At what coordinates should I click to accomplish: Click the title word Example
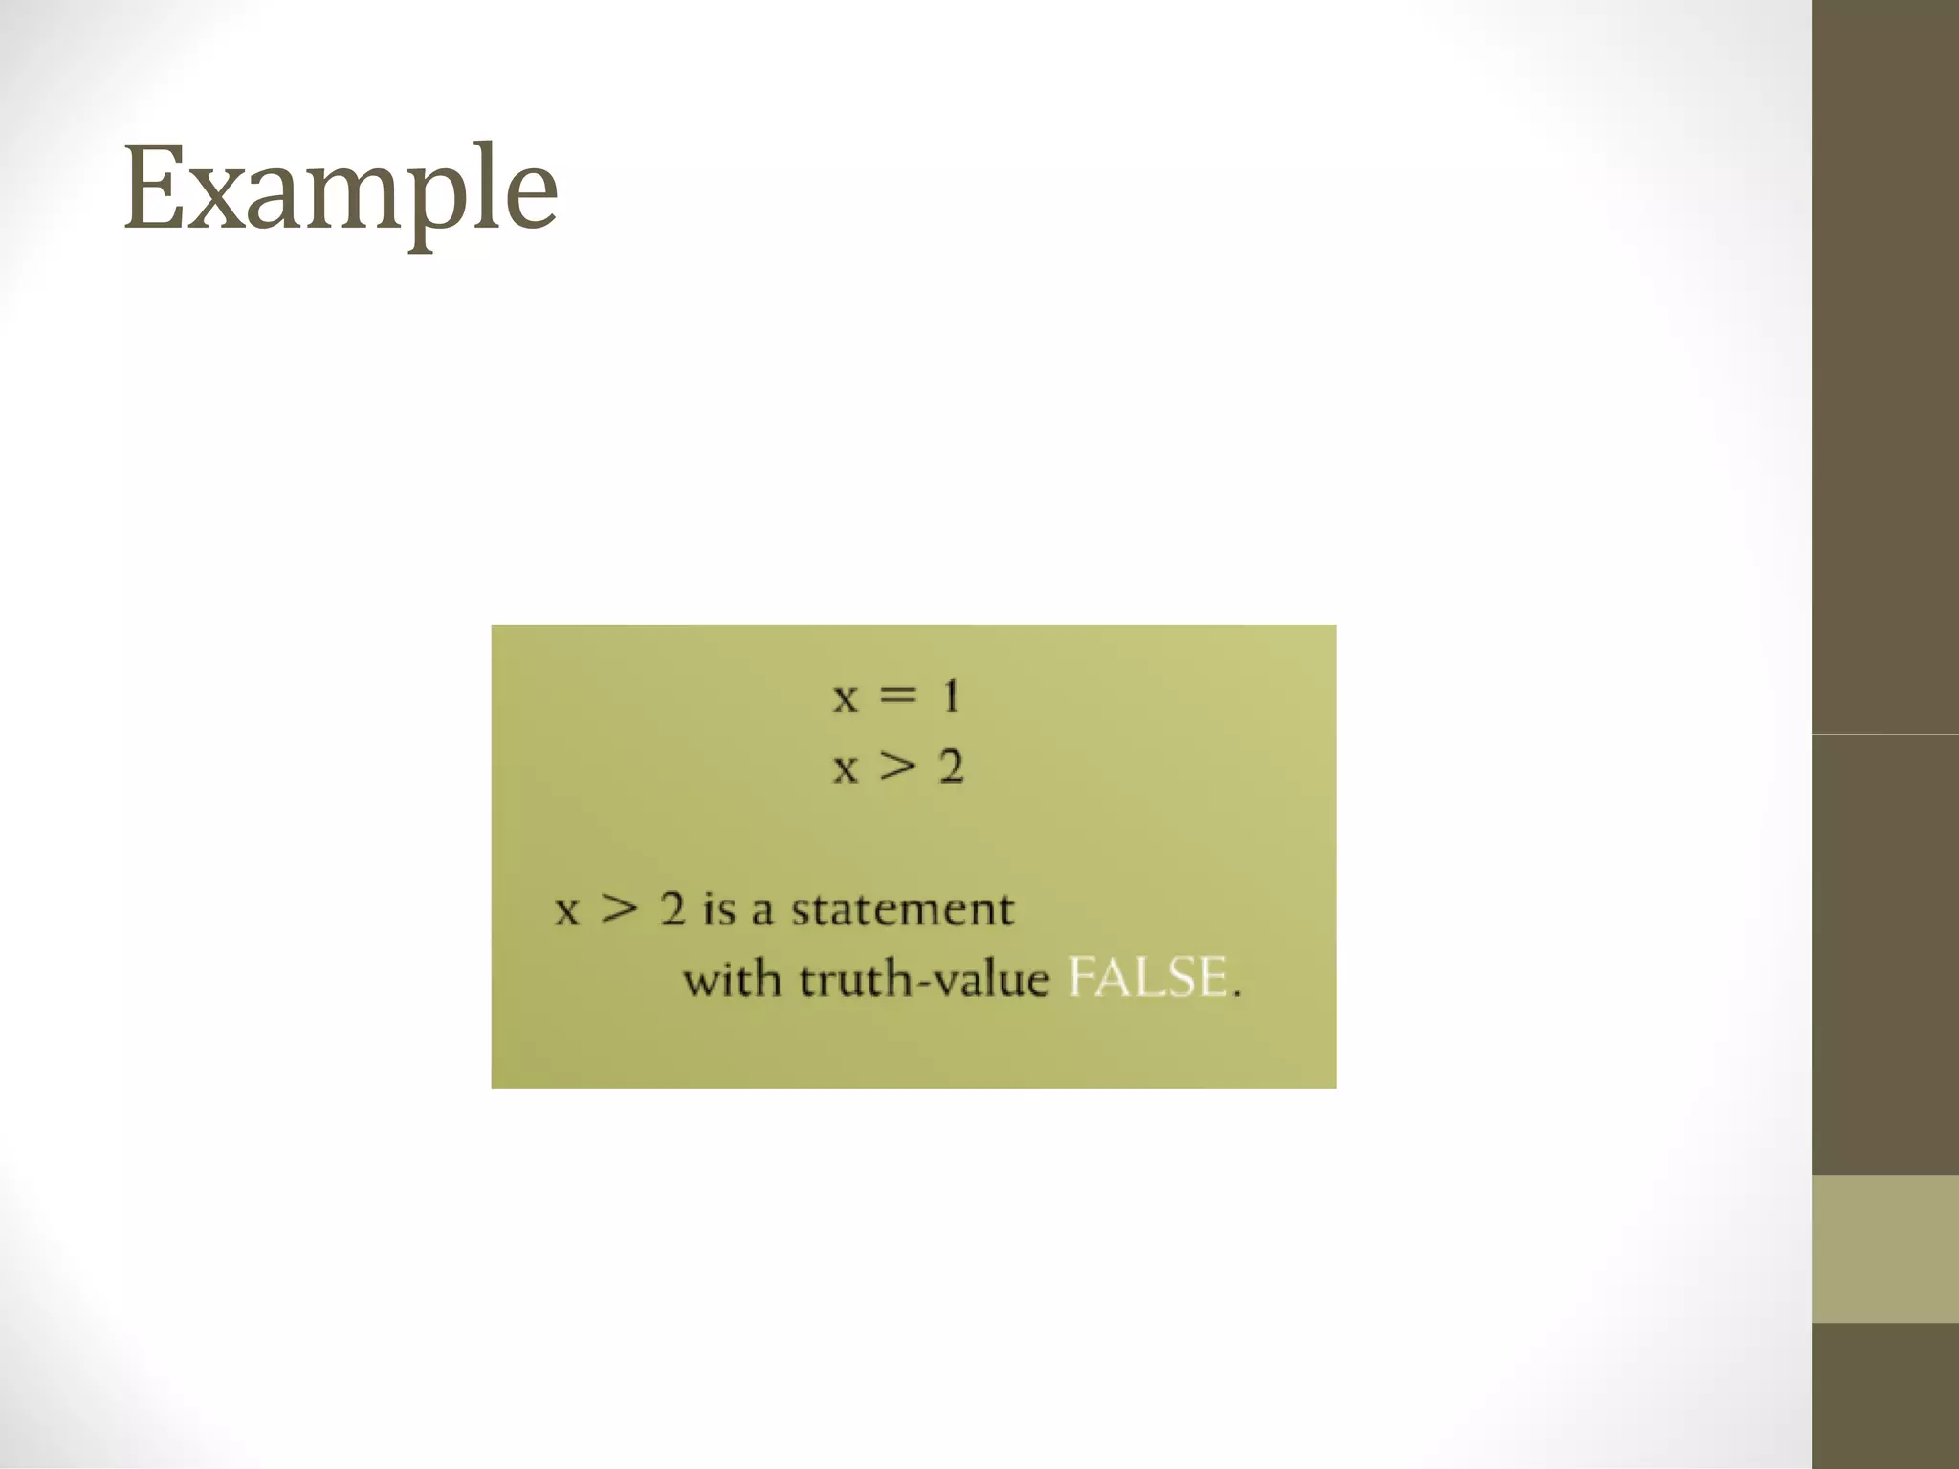(341, 189)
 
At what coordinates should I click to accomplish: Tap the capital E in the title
(154, 188)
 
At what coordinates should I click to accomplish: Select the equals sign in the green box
(897, 696)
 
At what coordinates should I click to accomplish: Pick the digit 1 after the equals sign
(950, 695)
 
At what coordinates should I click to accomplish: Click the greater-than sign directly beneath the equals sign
(897, 767)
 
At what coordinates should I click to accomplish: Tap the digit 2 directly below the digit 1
(951, 767)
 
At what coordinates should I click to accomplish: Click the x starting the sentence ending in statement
(567, 910)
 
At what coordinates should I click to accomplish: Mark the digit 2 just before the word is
(672, 908)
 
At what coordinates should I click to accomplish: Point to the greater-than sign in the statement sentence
(619, 908)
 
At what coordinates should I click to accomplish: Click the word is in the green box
(719, 908)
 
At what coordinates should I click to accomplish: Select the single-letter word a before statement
(761, 910)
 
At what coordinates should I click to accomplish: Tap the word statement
(902, 908)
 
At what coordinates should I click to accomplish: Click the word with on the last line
(732, 979)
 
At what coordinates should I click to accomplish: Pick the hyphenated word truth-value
(924, 979)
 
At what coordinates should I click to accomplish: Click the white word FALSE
(1148, 978)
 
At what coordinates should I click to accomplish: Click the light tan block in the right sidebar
(1884, 1249)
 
